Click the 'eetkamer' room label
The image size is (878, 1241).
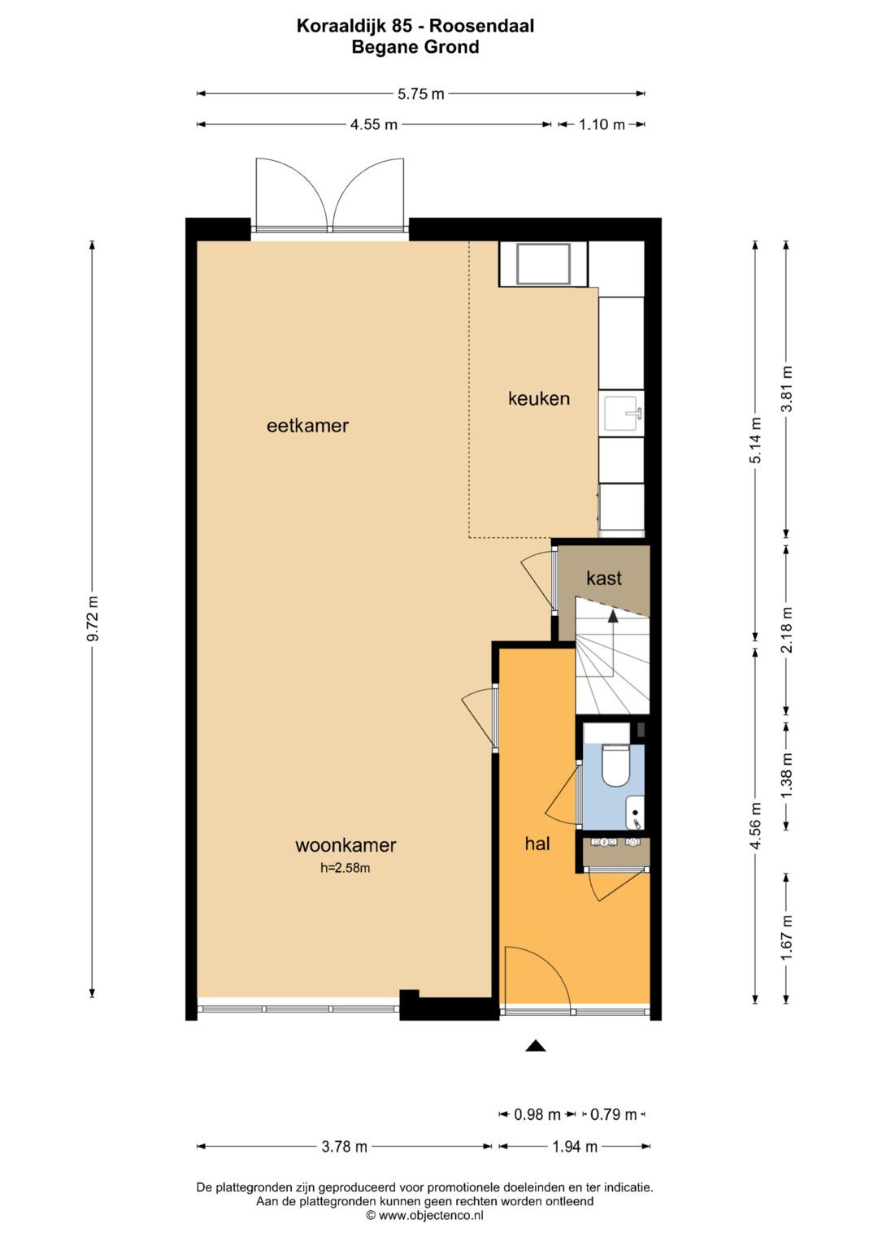coord(307,426)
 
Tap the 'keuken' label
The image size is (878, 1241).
coord(539,398)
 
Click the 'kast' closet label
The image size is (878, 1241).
coord(603,579)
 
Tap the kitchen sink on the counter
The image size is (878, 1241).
coord(623,414)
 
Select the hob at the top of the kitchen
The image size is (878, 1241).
coord(543,263)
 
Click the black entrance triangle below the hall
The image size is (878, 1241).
coord(536,1045)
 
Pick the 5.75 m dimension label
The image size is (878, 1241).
coord(421,94)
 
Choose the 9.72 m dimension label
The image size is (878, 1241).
coord(93,618)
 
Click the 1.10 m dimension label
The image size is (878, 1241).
coord(602,124)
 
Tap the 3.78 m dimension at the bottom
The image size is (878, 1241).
coord(344,1146)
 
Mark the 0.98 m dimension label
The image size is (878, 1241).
coord(537,1114)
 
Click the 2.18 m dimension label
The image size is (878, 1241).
coord(787,629)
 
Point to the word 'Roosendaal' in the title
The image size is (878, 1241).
coord(482,26)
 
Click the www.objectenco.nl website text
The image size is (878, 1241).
coord(430,1215)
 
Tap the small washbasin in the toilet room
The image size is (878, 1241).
coord(635,812)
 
